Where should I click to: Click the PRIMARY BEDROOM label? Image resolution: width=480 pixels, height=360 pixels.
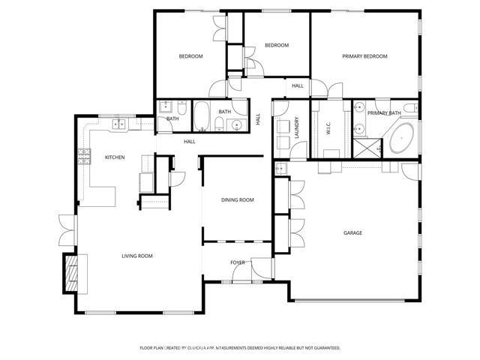pos(365,56)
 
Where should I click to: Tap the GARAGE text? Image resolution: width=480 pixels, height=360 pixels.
pos(352,233)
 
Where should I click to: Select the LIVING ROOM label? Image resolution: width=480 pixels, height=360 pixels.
pos(137,256)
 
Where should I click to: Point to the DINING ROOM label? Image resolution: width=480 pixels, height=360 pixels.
pos(237,200)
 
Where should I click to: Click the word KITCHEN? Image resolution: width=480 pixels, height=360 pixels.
pos(114,157)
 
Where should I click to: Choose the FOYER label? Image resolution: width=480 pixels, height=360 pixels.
pos(238,262)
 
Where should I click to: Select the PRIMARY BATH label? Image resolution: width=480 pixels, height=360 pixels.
pos(384,113)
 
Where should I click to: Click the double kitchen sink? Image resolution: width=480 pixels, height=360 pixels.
pos(118,123)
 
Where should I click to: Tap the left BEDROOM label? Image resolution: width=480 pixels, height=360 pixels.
pos(190,56)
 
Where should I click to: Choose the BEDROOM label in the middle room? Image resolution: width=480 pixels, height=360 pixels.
pos(276,45)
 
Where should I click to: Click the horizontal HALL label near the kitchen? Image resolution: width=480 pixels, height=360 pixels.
pos(190,141)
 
